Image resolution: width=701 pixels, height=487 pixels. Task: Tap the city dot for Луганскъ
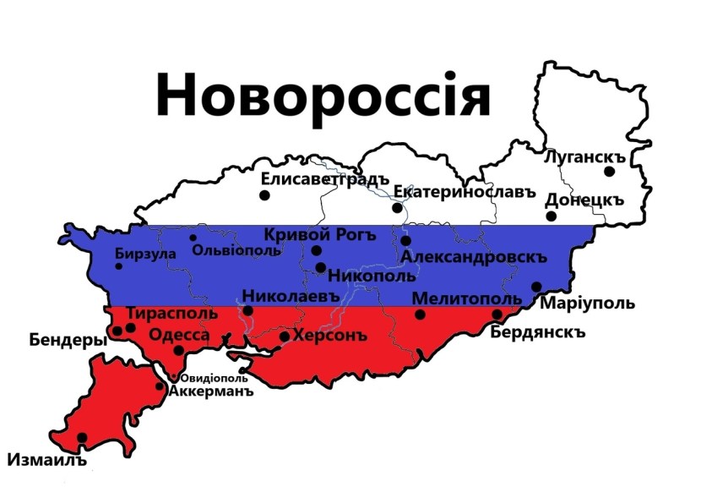[609, 172]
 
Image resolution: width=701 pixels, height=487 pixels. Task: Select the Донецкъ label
[584, 200]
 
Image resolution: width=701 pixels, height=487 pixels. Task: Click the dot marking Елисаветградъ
[264, 195]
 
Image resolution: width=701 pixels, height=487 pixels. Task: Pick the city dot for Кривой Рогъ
[317, 250]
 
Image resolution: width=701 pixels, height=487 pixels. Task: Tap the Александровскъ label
[474, 257]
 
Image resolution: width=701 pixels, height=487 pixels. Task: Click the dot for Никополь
[321, 267]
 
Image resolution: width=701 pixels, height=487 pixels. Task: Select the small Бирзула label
[145, 254]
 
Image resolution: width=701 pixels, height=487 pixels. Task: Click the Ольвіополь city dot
[193, 238]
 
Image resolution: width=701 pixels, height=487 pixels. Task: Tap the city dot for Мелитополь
[421, 315]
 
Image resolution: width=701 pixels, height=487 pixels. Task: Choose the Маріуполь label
[587, 304]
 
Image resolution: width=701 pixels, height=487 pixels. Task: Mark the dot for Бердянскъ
[497, 315]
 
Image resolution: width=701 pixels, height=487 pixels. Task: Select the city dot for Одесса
[178, 350]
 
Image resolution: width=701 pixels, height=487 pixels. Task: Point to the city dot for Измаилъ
[82, 437]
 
